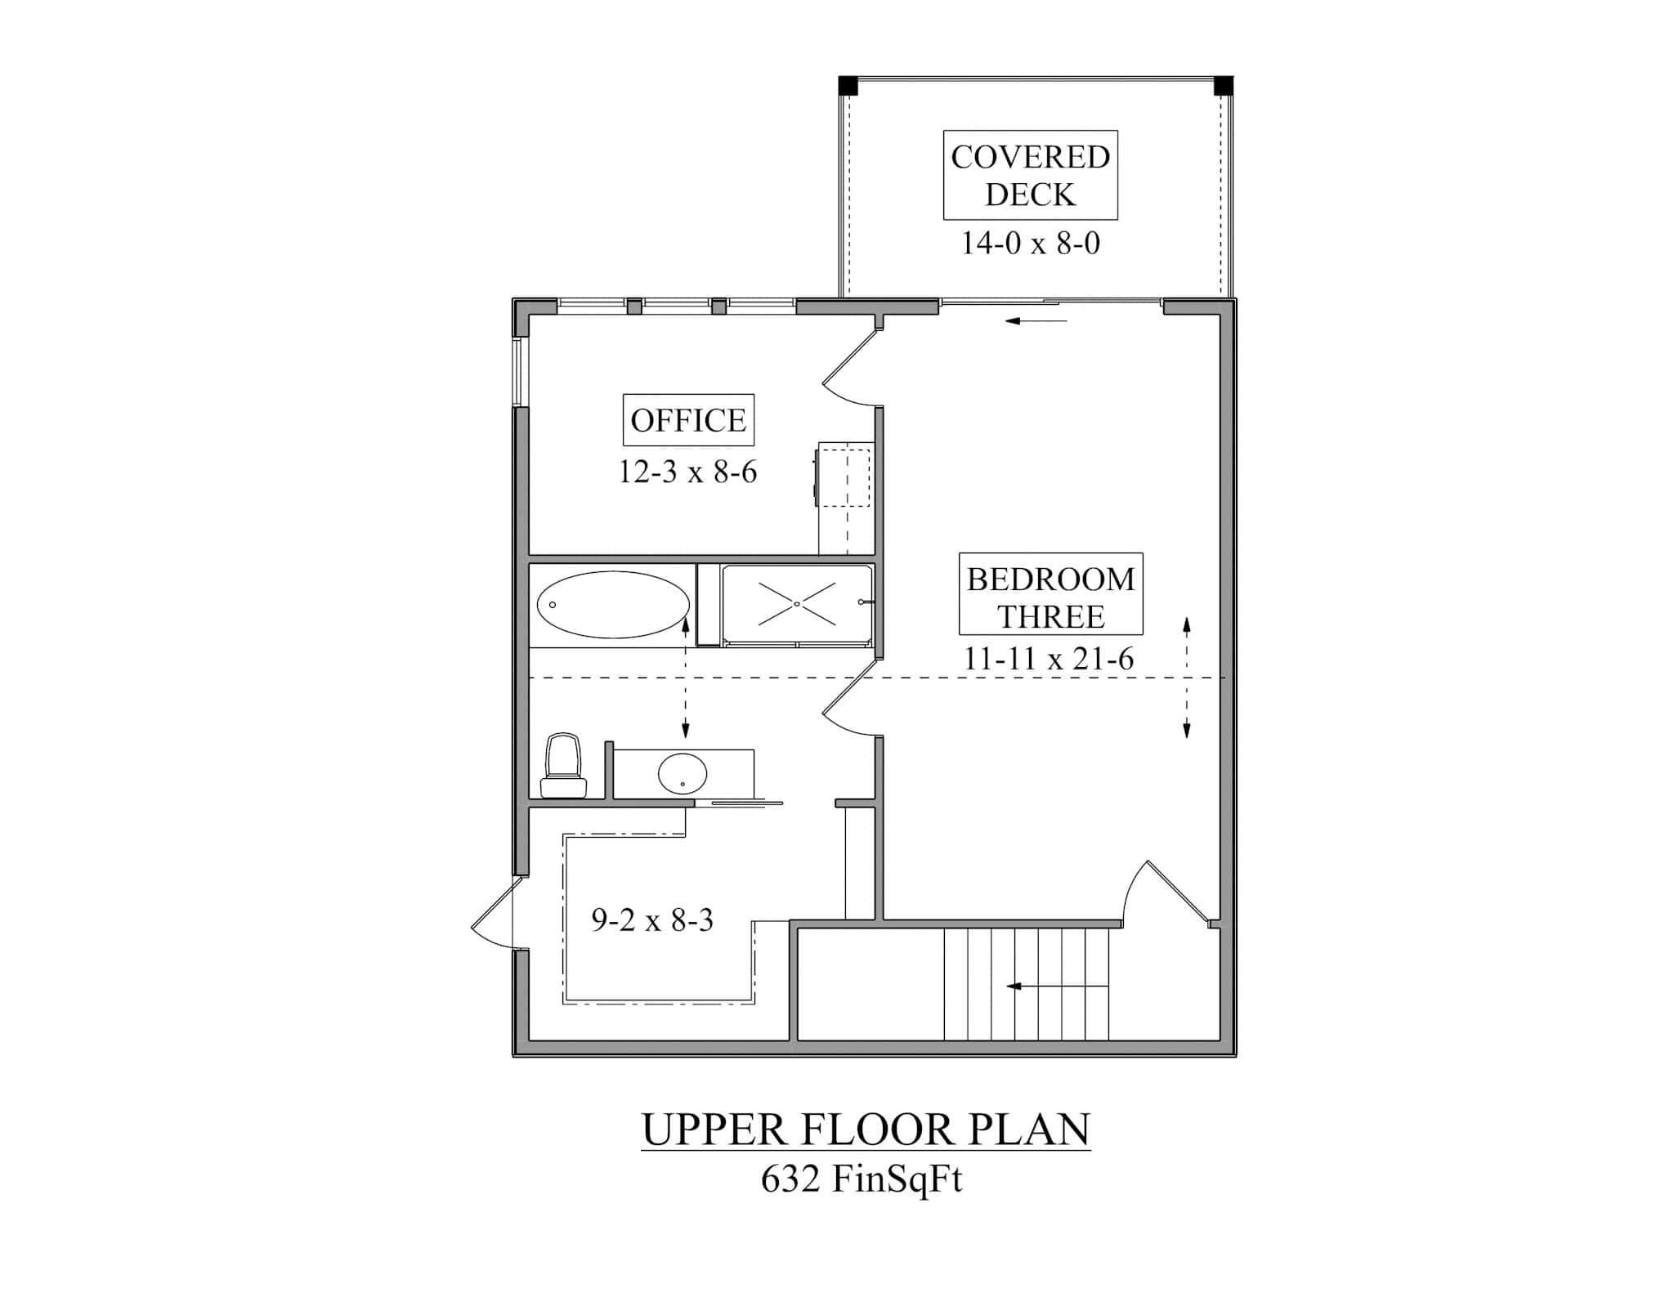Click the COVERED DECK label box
[1030, 175]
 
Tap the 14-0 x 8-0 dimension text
[1030, 244]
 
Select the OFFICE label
[688, 420]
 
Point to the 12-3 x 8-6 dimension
[687, 472]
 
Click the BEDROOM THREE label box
[1050, 594]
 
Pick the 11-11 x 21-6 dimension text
[1049, 659]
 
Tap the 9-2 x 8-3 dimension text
[652, 920]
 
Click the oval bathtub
[612, 605]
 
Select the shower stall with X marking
[796, 604]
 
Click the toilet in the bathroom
[563, 765]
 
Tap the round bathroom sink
[683, 774]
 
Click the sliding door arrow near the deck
[1036, 321]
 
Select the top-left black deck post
[848, 86]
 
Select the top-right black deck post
[1223, 86]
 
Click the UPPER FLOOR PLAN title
[866, 1130]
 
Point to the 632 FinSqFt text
[862, 1179]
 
